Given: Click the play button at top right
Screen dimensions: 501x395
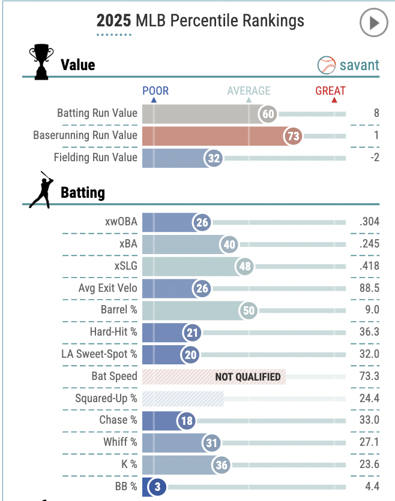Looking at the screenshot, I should pyautogui.click(x=373, y=24).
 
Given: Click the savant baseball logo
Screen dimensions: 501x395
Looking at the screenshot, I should pyautogui.click(x=326, y=65).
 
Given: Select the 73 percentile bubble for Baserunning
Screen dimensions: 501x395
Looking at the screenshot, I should pyautogui.click(x=293, y=136).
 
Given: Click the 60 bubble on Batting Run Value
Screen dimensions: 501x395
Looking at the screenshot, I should pyautogui.click(x=268, y=114).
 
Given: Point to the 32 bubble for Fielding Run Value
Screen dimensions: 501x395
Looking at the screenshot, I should pyautogui.click(x=214, y=158).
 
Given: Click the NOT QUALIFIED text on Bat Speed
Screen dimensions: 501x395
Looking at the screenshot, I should pyautogui.click(x=248, y=377).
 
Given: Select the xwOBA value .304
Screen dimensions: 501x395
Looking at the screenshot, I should pyautogui.click(x=369, y=222).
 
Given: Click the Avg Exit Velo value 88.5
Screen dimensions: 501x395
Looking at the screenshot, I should pyautogui.click(x=369, y=288).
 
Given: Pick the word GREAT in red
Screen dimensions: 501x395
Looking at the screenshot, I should pyautogui.click(x=330, y=91).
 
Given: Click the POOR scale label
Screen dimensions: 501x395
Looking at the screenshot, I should pyautogui.click(x=155, y=91).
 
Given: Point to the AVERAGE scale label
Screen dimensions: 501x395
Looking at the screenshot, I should pyautogui.click(x=249, y=91).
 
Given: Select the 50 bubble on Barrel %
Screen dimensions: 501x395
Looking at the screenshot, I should pyautogui.click(x=248, y=310).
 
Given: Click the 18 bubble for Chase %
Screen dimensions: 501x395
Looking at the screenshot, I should pyautogui.click(x=187, y=421).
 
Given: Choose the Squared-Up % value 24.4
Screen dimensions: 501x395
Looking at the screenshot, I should pyautogui.click(x=368, y=399).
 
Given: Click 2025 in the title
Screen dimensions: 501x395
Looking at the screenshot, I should pyautogui.click(x=114, y=21).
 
